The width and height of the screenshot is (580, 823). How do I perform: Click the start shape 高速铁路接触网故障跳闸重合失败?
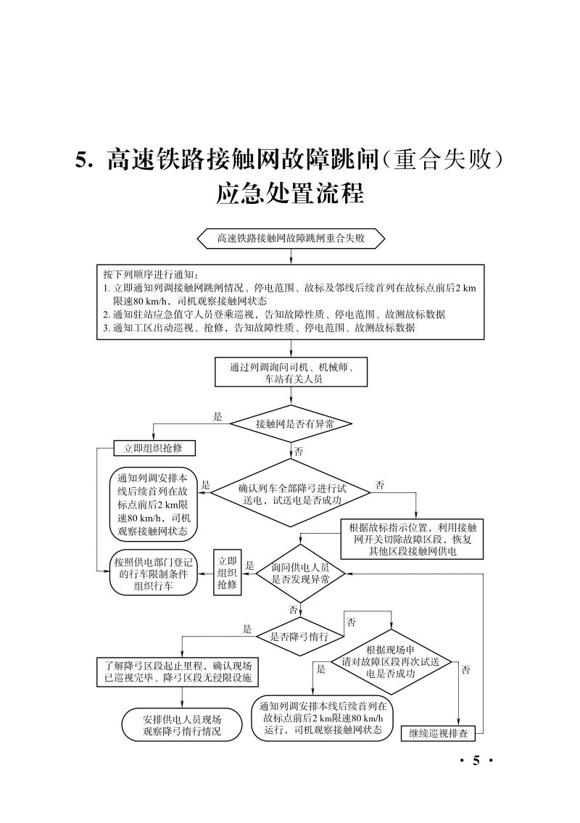coord(291,238)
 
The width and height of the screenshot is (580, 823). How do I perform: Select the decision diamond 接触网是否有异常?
coord(291,424)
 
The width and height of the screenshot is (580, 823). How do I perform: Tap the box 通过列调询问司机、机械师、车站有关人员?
coord(291,373)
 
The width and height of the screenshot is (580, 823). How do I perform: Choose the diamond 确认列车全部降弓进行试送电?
coord(291,494)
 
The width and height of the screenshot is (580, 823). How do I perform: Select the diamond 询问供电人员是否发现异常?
coord(300,573)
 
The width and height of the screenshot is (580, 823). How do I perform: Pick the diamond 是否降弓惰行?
coord(299,637)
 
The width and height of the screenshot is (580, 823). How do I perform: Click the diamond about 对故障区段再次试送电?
coord(391,661)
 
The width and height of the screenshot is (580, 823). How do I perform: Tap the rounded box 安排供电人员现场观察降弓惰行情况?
coord(182,725)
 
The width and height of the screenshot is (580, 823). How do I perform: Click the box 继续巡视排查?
coord(438,733)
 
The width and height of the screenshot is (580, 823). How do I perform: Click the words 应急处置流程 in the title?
coord(289,194)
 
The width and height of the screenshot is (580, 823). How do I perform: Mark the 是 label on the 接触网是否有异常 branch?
coord(217,417)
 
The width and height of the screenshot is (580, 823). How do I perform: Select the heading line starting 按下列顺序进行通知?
coord(145,275)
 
